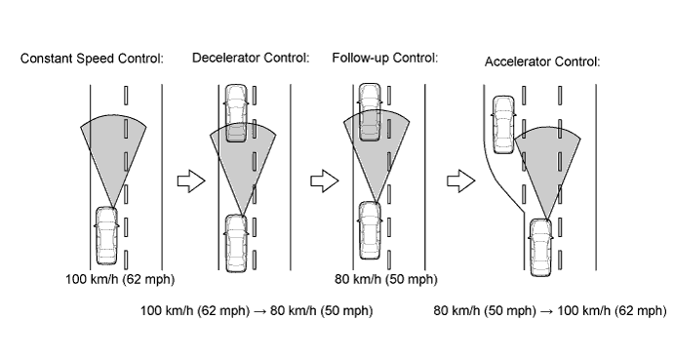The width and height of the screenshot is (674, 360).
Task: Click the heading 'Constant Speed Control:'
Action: tap(92, 59)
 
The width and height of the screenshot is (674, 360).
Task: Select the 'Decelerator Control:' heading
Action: tap(251, 58)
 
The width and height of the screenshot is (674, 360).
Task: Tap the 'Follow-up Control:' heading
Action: tap(384, 58)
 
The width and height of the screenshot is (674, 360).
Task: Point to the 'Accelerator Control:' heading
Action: tap(542, 61)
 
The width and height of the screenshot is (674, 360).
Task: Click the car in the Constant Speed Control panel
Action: tap(106, 236)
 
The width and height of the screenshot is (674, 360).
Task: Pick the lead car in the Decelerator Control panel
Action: tap(236, 113)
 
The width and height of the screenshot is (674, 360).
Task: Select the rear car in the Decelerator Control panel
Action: tap(236, 244)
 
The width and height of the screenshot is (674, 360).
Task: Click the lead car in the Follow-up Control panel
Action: tap(370, 112)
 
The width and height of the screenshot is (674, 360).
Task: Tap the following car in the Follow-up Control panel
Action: tap(370, 230)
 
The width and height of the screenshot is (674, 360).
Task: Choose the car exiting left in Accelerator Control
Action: tap(503, 125)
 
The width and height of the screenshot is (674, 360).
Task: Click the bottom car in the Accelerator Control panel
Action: tap(540, 248)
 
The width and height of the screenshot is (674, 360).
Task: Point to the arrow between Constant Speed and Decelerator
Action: tap(191, 180)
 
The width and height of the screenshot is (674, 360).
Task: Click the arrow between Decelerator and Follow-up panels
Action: tap(325, 180)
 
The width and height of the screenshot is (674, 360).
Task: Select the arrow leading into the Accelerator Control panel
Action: tap(460, 180)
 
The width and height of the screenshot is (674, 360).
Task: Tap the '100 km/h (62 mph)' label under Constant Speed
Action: tap(120, 280)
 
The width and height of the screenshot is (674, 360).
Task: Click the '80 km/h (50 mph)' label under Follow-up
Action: tap(386, 280)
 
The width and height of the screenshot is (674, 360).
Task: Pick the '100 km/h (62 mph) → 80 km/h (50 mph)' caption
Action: tap(257, 310)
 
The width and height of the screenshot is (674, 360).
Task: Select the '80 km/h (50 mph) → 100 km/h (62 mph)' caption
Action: tap(550, 310)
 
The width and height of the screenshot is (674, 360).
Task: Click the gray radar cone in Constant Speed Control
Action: tap(113, 146)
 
